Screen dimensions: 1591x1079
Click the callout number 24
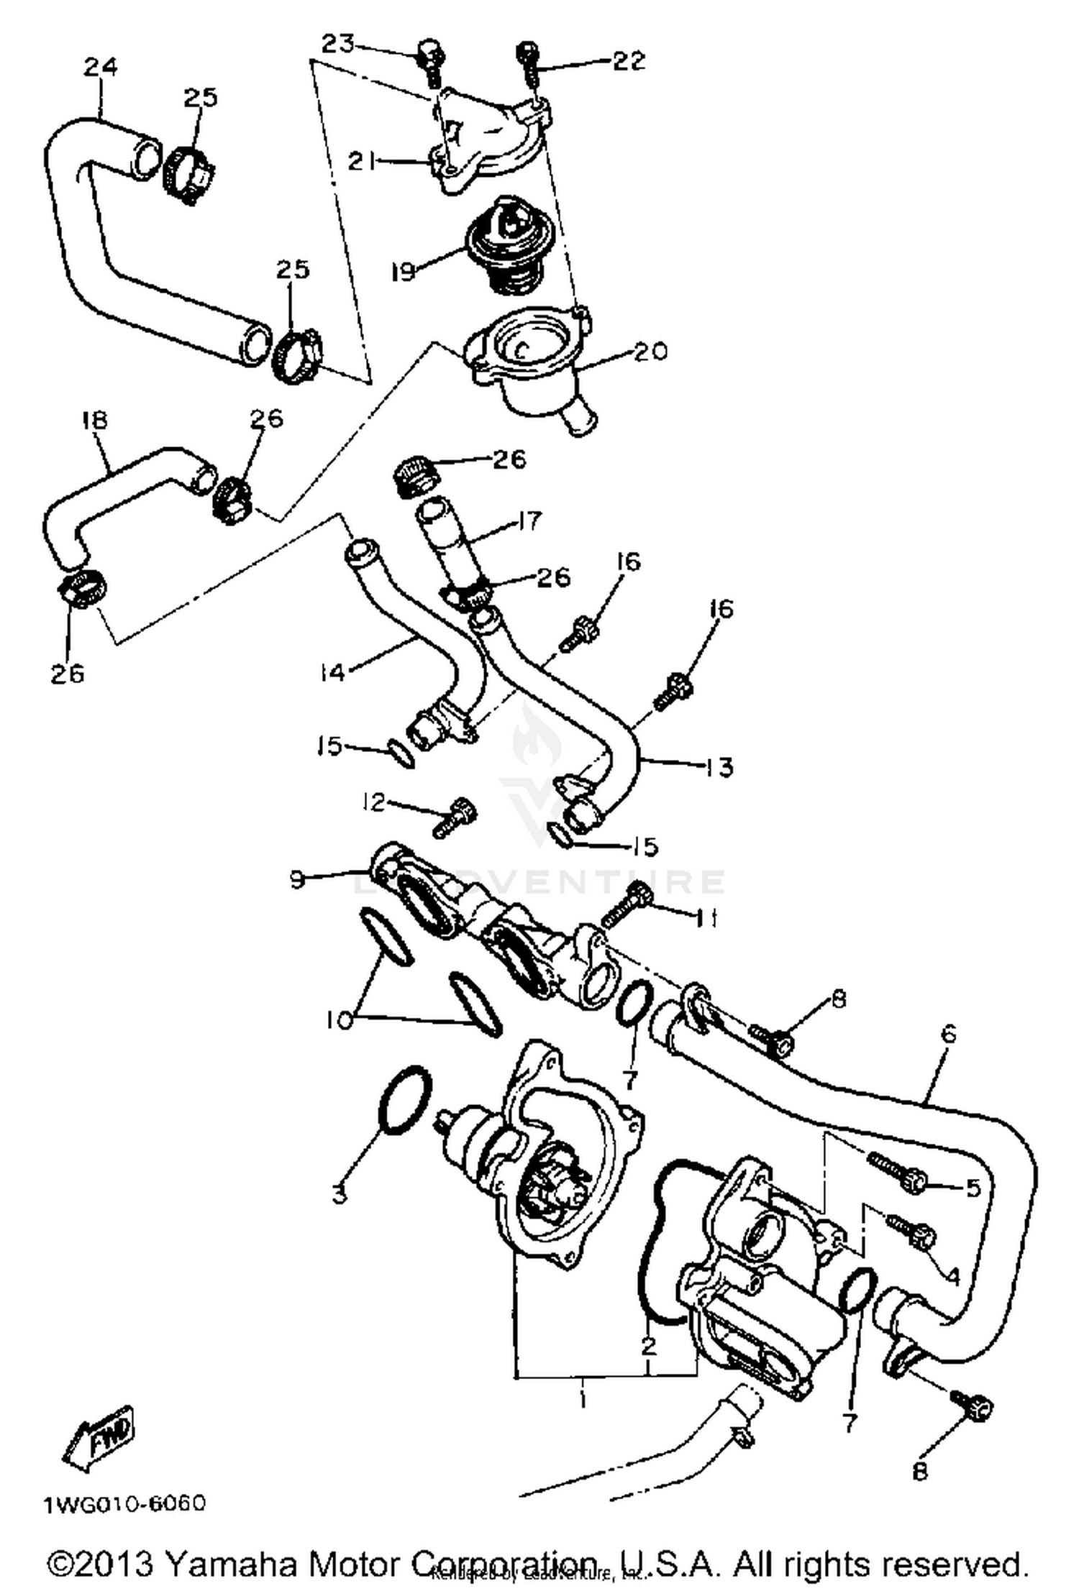click(x=99, y=67)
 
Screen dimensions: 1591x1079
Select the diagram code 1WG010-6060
click(x=124, y=1503)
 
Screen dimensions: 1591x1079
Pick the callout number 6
click(x=948, y=1035)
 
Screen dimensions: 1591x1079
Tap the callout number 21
click(x=363, y=162)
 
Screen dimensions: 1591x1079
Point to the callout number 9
click(x=297, y=879)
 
